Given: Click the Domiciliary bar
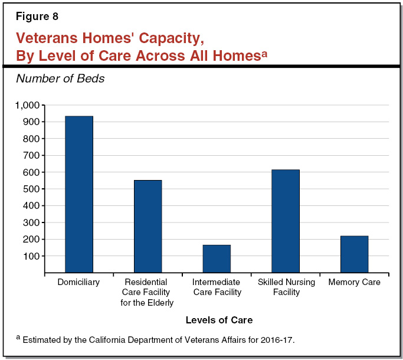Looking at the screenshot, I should tap(78, 194).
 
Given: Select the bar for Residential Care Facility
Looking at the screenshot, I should tap(148, 226).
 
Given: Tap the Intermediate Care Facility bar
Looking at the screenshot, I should tap(217, 258).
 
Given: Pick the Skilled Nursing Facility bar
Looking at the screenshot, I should tap(286, 221).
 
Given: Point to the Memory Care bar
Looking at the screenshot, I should tap(354, 254).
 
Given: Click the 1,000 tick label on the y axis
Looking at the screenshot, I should tap(27, 105).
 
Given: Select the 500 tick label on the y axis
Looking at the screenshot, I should tap(31, 189).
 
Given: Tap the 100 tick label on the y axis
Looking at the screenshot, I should tap(31, 256).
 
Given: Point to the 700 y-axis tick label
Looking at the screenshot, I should tap(31, 155).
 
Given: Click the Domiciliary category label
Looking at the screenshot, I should tap(78, 282).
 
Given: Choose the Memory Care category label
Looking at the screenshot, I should tap(354, 282).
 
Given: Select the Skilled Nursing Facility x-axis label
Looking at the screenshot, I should tap(286, 287).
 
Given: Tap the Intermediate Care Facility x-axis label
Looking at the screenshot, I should tap(217, 287).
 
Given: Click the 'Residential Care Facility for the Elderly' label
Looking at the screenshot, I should tap(148, 292).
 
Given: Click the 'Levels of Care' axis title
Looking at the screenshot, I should tap(219, 320).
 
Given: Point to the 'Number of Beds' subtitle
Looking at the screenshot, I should tap(60, 78).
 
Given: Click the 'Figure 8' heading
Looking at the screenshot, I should tap(37, 17).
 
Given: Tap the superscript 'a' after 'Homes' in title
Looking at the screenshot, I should tap(264, 53).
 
